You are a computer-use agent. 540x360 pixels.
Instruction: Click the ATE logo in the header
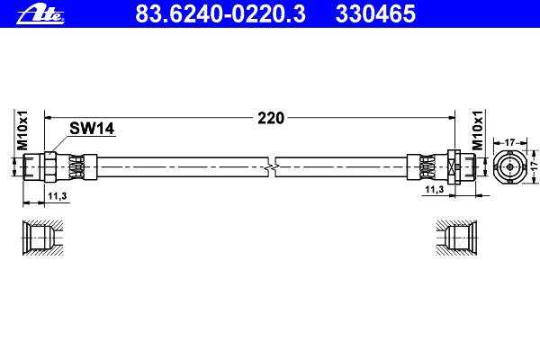pos(40,14)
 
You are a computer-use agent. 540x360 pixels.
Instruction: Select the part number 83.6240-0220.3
pos(220,13)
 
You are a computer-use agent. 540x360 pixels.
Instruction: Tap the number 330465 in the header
pos(375,13)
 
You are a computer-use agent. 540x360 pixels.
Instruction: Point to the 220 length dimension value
pos(271,118)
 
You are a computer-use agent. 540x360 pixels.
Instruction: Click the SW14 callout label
pos(92,129)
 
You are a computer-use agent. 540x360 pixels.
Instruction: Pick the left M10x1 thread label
pos(22,130)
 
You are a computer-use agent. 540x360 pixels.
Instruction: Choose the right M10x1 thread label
pos(477,130)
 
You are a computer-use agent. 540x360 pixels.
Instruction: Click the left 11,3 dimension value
pos(58,196)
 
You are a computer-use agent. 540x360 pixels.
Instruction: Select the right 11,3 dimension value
pos(435,189)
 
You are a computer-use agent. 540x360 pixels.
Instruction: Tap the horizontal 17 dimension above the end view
pos(509,142)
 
